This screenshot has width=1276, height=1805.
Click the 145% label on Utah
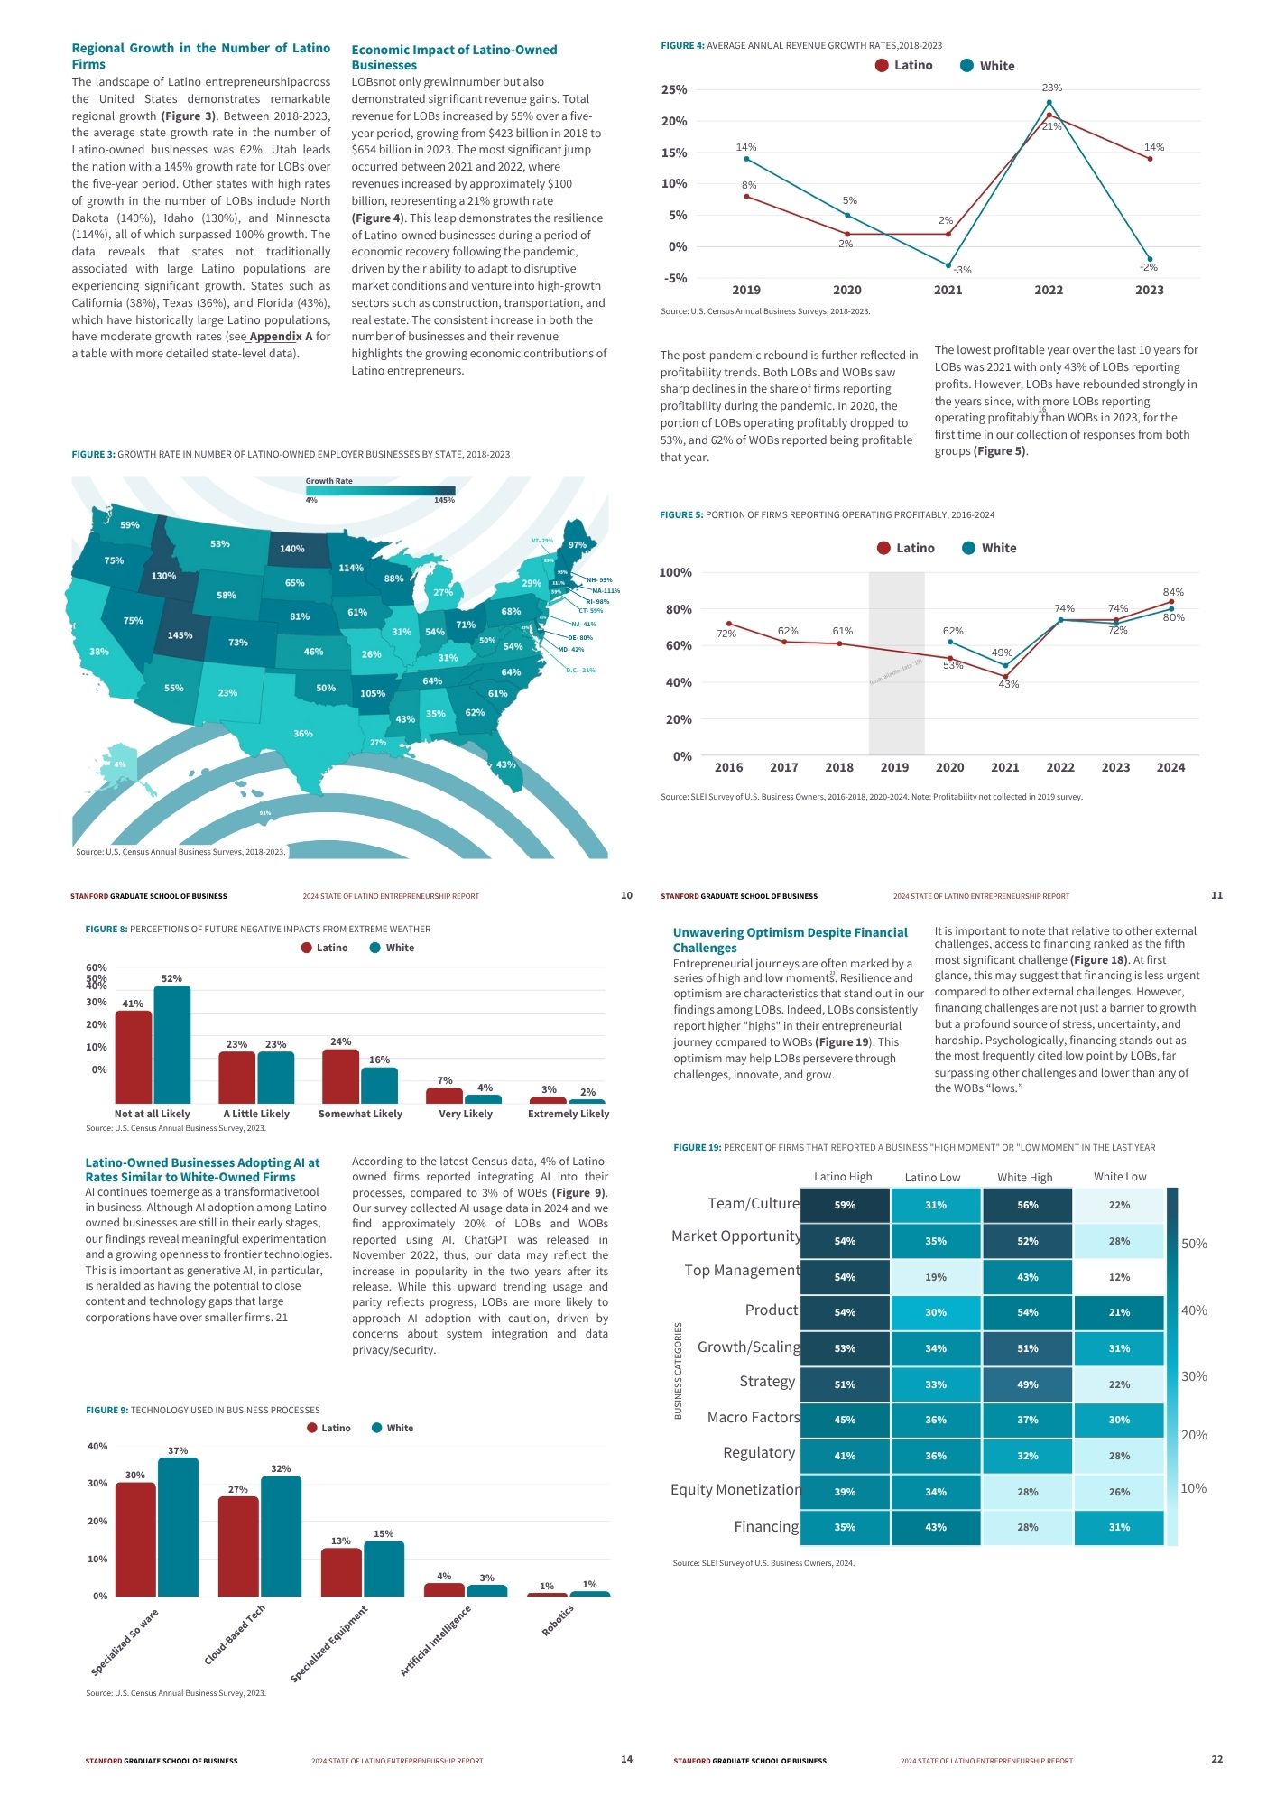pyautogui.click(x=180, y=635)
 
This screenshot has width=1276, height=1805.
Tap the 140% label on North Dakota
pyautogui.click(x=291, y=549)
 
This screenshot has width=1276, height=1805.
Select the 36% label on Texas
pyautogui.click(x=303, y=734)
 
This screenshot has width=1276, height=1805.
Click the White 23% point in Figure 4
pyautogui.click(x=1049, y=102)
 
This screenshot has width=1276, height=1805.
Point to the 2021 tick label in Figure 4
pyautogui.click(x=948, y=291)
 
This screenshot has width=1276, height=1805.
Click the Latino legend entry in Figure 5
pyautogui.click(x=905, y=548)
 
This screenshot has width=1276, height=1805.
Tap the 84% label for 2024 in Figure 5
pyautogui.click(x=1173, y=592)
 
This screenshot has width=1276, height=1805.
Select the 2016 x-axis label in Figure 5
pyautogui.click(x=728, y=767)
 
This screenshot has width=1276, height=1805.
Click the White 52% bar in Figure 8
pyautogui.click(x=171, y=1044)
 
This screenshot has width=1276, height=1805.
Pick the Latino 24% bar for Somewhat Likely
pyautogui.click(x=340, y=1076)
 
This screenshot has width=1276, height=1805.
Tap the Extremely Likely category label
pyautogui.click(x=569, y=1114)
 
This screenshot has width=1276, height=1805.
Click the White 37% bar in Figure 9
pyautogui.click(x=178, y=1526)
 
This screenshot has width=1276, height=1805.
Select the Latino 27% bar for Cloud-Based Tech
pyautogui.click(x=238, y=1546)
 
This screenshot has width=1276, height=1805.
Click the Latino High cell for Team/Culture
pyautogui.click(x=845, y=1205)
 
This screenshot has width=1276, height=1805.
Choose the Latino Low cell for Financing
pyautogui.click(x=936, y=1527)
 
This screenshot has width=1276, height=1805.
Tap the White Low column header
pyautogui.click(x=1120, y=1177)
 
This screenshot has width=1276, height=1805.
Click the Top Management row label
pyautogui.click(x=742, y=1271)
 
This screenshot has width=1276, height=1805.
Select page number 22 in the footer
pyautogui.click(x=1216, y=1759)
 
